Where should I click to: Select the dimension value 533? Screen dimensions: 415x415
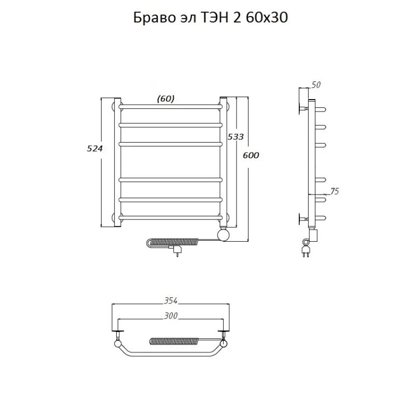point(236,137)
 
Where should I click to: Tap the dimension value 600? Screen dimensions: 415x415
point(251,156)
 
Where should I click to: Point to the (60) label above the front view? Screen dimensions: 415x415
point(165,98)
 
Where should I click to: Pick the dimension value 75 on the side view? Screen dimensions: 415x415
point(334,191)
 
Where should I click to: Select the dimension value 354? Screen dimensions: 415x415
point(171,301)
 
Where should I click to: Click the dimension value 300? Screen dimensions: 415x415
point(171,316)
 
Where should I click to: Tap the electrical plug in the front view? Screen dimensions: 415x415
point(176,251)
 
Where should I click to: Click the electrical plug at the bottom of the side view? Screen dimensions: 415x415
point(306,251)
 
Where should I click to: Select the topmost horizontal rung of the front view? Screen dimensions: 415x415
point(171,106)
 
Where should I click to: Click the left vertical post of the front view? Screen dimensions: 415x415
point(117,161)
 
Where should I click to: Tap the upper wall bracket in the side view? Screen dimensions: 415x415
point(303,108)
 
